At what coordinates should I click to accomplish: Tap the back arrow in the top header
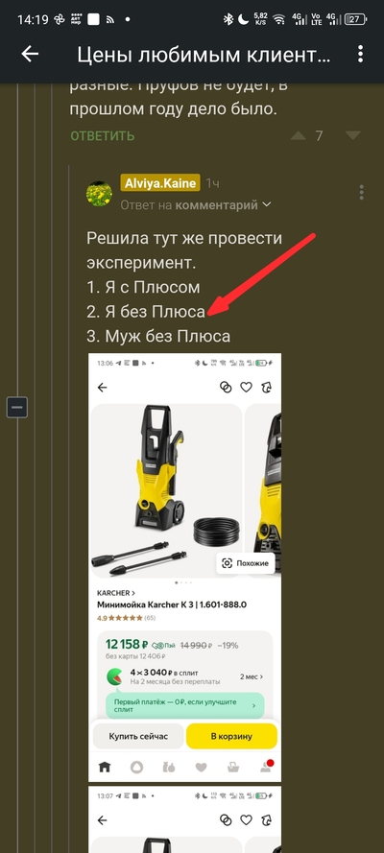click(x=30, y=55)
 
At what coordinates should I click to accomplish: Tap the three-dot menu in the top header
click(x=359, y=55)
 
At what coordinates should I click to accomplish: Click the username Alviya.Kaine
click(x=159, y=183)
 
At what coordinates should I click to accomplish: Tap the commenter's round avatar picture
click(x=100, y=193)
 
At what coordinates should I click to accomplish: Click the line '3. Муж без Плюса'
click(x=158, y=335)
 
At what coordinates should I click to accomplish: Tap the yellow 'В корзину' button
click(x=230, y=736)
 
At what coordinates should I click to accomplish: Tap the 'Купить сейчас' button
click(x=138, y=736)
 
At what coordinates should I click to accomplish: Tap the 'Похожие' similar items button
click(x=246, y=563)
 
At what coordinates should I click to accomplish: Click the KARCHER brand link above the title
click(x=115, y=593)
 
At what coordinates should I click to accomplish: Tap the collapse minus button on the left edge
click(x=16, y=407)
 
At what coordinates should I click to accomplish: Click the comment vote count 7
click(x=319, y=136)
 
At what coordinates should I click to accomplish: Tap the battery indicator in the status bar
click(x=354, y=19)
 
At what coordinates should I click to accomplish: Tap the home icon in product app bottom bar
click(x=105, y=768)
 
